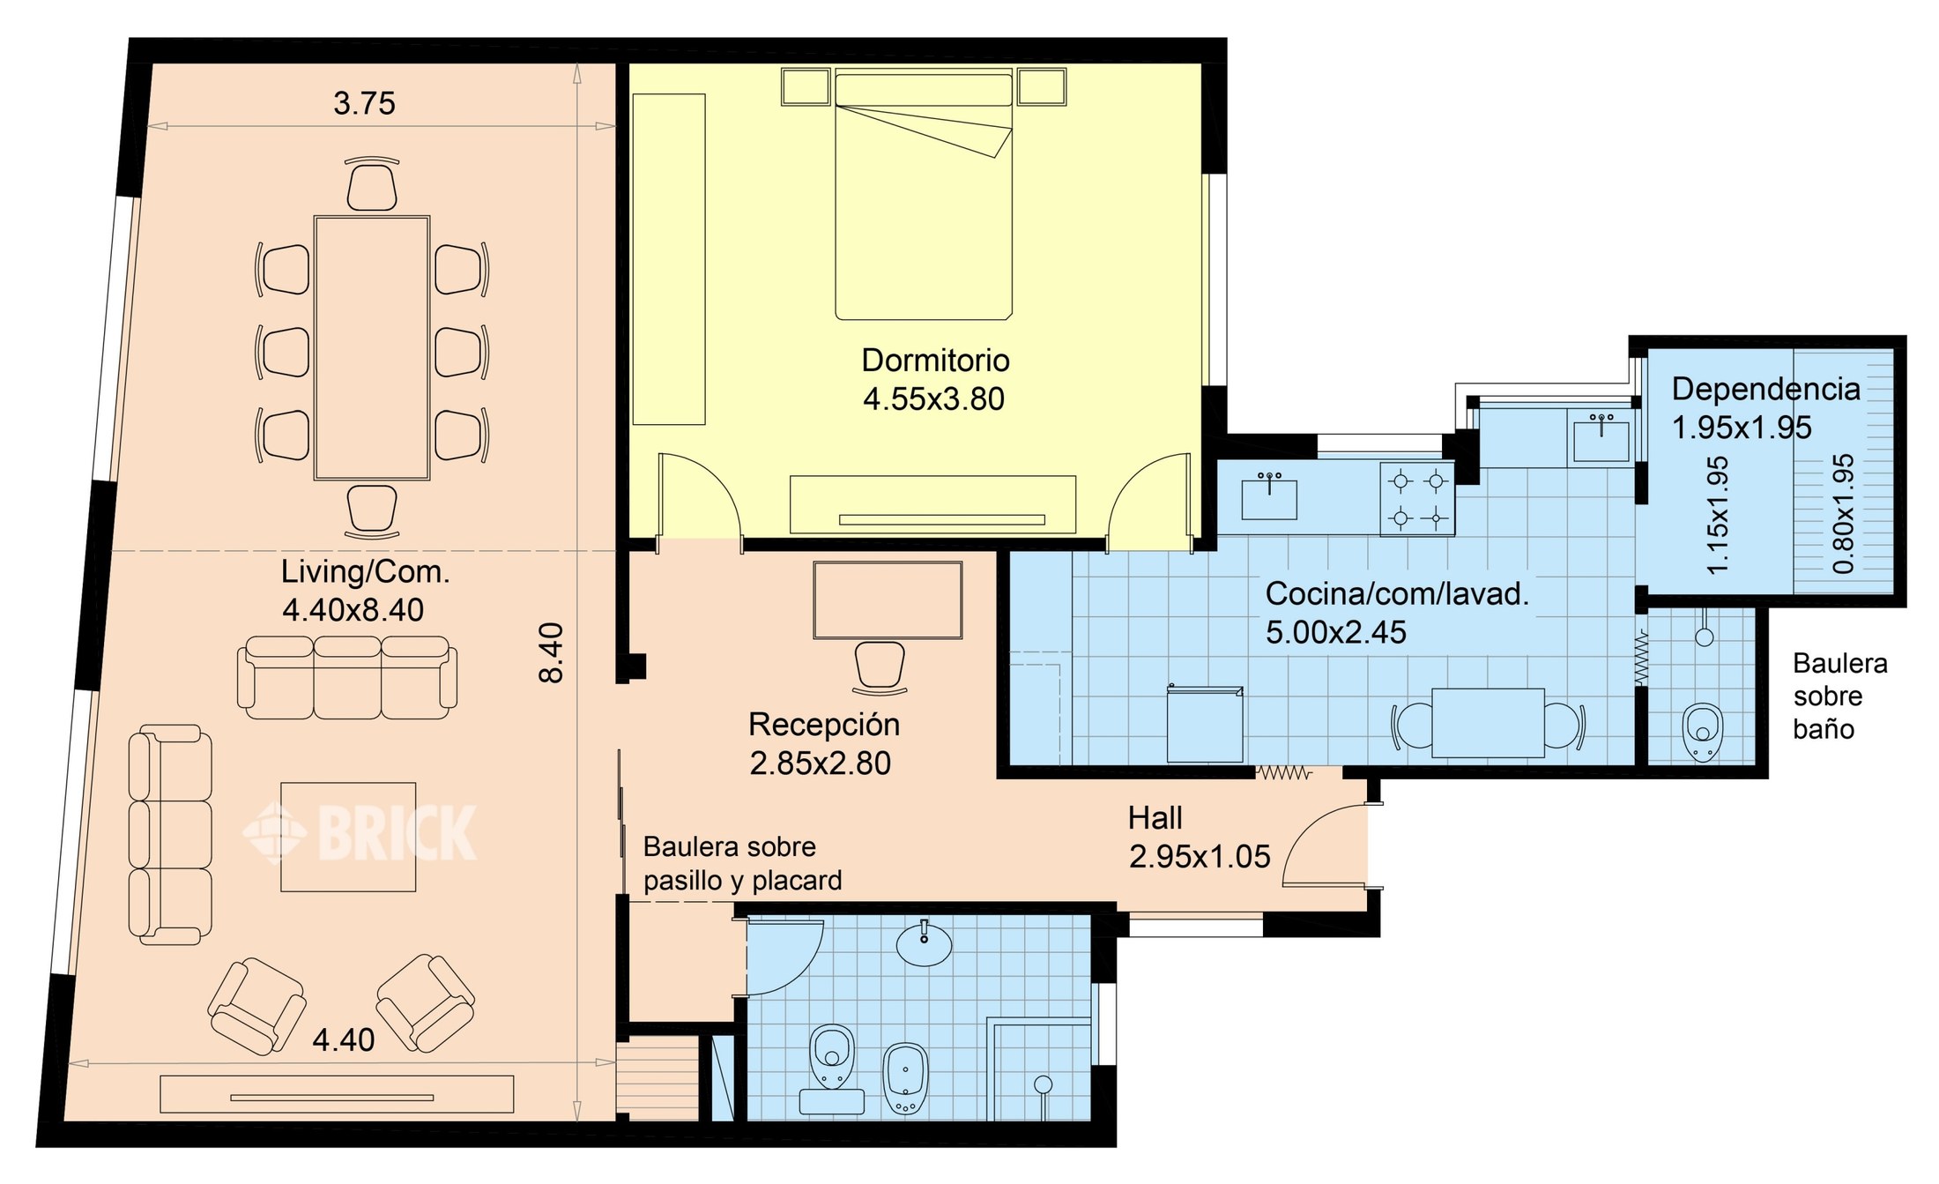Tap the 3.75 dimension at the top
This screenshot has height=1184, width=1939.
(364, 103)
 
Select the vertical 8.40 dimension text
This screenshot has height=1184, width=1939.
(551, 652)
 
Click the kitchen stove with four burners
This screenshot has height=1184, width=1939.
(1417, 499)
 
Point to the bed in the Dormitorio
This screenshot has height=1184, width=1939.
(924, 194)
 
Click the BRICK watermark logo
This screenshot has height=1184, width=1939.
(360, 832)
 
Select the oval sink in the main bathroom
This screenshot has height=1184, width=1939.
(925, 943)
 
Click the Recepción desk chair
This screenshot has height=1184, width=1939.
(880, 667)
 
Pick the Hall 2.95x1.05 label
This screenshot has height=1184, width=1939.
(1199, 837)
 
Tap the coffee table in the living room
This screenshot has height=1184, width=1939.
(348, 837)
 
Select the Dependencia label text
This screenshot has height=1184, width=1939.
(1765, 389)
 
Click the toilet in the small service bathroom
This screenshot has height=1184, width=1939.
(1703, 732)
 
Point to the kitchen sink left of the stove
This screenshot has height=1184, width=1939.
(1269, 495)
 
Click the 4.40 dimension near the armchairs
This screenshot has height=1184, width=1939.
(343, 1040)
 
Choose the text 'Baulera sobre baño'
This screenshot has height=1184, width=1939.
(1840, 696)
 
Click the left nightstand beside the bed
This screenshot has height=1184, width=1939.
(806, 87)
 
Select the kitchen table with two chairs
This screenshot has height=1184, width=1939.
(1488, 723)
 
